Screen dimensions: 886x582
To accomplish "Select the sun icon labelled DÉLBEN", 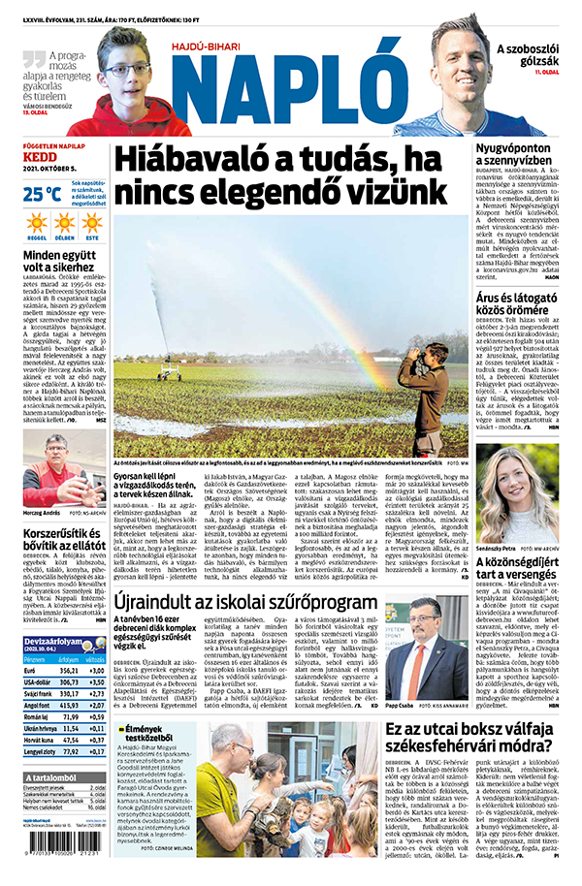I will (x=64, y=224).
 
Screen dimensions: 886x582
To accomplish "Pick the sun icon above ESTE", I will (x=92, y=224).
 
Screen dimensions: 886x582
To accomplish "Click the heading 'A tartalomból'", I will (x=48, y=777).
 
